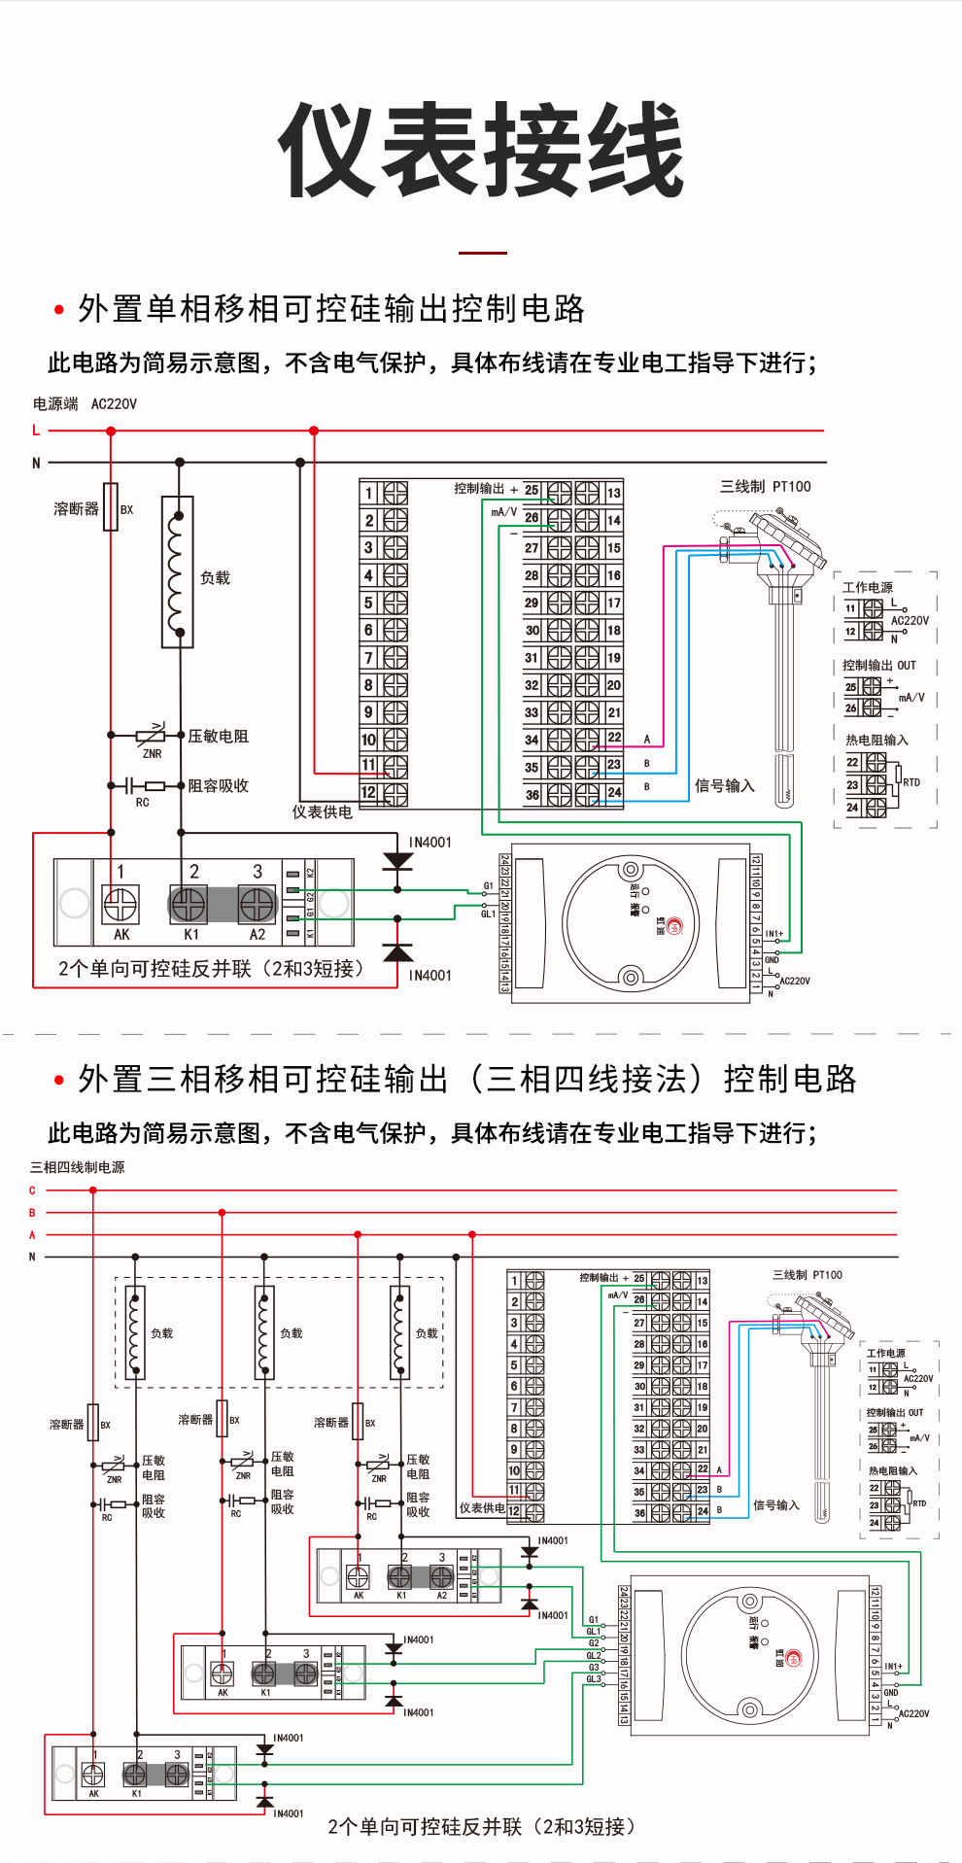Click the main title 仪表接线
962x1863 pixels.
point(481,151)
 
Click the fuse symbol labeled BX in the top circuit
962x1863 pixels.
point(111,506)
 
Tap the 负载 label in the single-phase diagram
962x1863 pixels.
point(215,578)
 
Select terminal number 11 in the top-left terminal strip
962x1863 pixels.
point(368,765)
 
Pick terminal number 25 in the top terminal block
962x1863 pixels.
point(532,490)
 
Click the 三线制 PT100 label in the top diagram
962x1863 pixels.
point(765,487)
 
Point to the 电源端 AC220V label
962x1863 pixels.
point(85,403)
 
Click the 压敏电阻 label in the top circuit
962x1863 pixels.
point(218,737)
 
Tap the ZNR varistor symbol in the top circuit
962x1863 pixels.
point(152,736)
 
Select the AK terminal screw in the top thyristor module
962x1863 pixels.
point(120,905)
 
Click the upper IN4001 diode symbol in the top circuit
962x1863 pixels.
point(397,861)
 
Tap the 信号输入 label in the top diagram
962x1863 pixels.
point(725,785)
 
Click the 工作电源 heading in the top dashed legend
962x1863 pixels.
point(867,587)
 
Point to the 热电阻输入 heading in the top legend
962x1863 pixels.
point(876,740)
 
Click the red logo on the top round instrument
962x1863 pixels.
point(674,926)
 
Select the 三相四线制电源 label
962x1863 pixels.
point(77,1167)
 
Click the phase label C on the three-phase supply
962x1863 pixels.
point(32,1190)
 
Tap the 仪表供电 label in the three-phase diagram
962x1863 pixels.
point(482,1508)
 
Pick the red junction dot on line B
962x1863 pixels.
point(223,1213)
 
